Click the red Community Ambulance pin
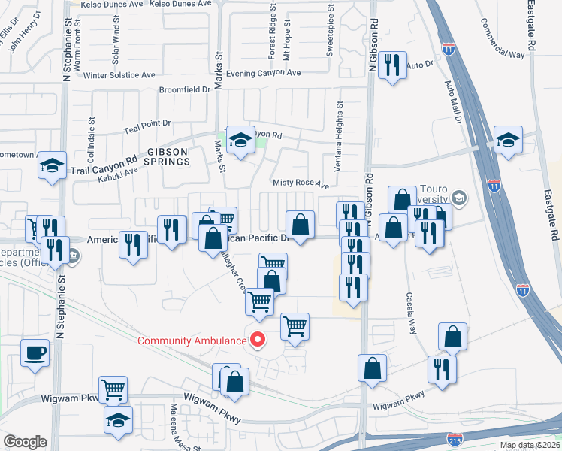coord(258,340)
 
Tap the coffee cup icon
coord(36,352)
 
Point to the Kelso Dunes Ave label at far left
coord(109,4)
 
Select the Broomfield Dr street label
coord(185,89)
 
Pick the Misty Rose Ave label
coord(301,184)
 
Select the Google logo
coord(25,441)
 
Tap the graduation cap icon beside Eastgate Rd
coord(508,140)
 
